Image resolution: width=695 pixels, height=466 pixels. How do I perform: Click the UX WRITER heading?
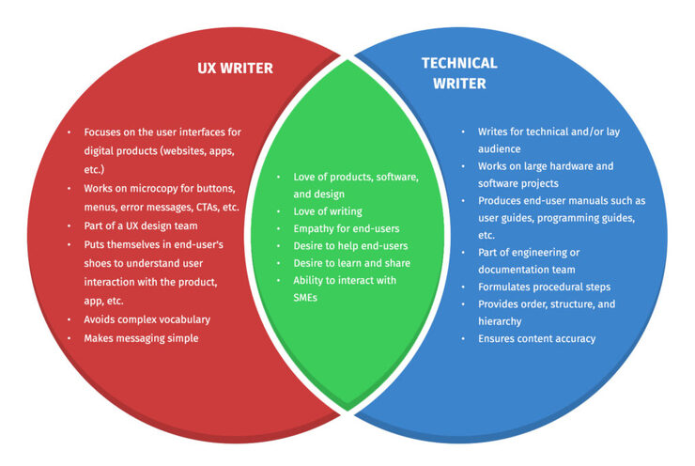(235, 69)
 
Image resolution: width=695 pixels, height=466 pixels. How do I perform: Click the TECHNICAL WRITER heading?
(459, 73)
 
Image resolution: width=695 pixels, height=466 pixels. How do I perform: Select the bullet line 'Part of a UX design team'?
(141, 226)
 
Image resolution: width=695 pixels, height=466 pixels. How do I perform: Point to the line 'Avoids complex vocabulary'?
(147, 319)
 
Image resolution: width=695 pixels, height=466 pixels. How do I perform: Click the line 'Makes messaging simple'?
(141, 339)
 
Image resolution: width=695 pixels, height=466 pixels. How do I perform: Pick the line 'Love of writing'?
(328, 212)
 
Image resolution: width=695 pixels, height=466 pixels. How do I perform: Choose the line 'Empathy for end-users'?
(347, 229)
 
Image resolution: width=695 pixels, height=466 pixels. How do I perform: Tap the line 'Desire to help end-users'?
(350, 246)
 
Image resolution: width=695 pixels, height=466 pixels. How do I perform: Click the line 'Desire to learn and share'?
(351, 263)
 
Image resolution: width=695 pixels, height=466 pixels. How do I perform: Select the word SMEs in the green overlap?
(305, 298)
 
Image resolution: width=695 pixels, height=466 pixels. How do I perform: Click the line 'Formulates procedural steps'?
(544, 287)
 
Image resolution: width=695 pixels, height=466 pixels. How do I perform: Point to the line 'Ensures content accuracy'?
(536, 339)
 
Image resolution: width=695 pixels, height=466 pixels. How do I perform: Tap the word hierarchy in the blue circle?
(500, 322)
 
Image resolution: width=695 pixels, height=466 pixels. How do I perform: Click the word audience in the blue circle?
(499, 149)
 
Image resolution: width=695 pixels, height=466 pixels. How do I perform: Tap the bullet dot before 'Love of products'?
(278, 177)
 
